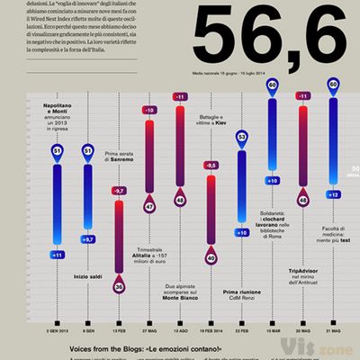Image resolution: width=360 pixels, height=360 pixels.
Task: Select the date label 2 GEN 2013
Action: click(x=57, y=329)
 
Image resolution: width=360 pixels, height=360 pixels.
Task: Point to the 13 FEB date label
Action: click(x=119, y=329)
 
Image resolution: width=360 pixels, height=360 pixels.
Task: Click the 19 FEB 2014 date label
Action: click(x=211, y=329)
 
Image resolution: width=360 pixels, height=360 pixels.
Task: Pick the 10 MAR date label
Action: click(x=272, y=329)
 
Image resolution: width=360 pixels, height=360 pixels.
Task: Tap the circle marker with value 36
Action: click(x=119, y=287)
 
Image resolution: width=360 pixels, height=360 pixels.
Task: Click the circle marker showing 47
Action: click(x=149, y=206)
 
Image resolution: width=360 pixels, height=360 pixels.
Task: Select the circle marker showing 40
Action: click(x=211, y=257)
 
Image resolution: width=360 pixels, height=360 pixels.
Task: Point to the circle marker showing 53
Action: click(x=241, y=138)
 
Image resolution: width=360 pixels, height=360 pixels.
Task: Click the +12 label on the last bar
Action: click(x=333, y=194)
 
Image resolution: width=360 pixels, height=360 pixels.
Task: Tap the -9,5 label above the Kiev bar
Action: click(x=211, y=166)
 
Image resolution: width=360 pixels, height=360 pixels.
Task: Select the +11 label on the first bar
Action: click(x=57, y=256)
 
